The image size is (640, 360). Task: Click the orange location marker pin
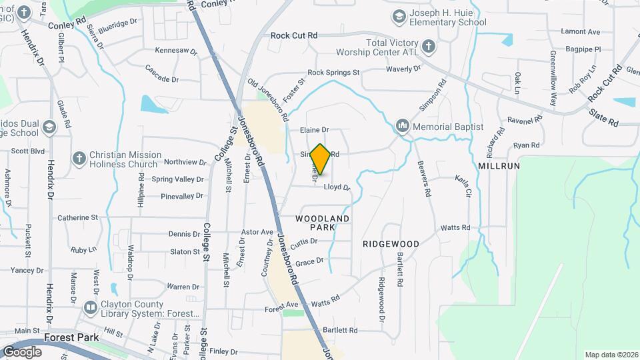coord(321,160)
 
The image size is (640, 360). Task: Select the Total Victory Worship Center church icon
coord(429,47)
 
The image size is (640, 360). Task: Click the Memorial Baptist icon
coord(402,125)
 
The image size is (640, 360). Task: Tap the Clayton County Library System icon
coord(91,307)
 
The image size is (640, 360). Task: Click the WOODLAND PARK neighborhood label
coord(323,223)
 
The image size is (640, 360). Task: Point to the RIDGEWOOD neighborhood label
coord(391,244)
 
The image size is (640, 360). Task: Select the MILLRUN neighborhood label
coord(499,165)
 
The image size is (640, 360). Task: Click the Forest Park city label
coord(71,337)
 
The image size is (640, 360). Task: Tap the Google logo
coord(22,351)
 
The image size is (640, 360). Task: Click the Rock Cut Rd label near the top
coord(294,35)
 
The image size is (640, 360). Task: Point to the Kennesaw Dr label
coord(176,51)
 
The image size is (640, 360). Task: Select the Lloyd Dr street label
coord(337,188)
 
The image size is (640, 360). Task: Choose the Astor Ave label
coord(257,232)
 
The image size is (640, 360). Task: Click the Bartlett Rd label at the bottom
coord(340,330)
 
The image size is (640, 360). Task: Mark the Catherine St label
coord(77,217)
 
